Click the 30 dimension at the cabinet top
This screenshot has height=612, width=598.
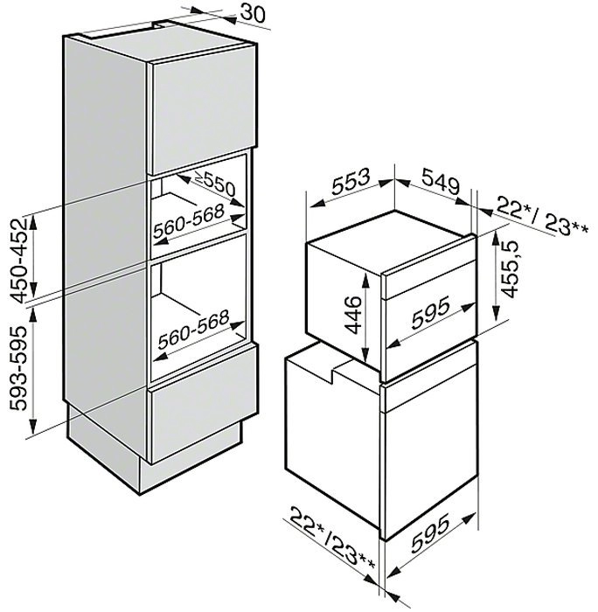(x=253, y=13)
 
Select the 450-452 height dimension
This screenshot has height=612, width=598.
(x=19, y=261)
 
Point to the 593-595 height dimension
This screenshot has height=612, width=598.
(x=18, y=368)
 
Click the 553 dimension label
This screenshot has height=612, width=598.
(x=350, y=181)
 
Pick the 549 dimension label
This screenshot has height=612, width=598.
(x=440, y=181)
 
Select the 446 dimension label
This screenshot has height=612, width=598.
(x=354, y=315)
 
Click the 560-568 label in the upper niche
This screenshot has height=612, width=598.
(x=189, y=221)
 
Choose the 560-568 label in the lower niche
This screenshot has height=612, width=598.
(x=193, y=330)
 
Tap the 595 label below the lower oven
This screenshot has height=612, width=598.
(x=430, y=534)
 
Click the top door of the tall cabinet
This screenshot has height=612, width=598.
(x=204, y=109)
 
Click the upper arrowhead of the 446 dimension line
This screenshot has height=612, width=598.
(x=365, y=280)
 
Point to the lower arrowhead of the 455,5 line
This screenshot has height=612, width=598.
(x=496, y=313)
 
